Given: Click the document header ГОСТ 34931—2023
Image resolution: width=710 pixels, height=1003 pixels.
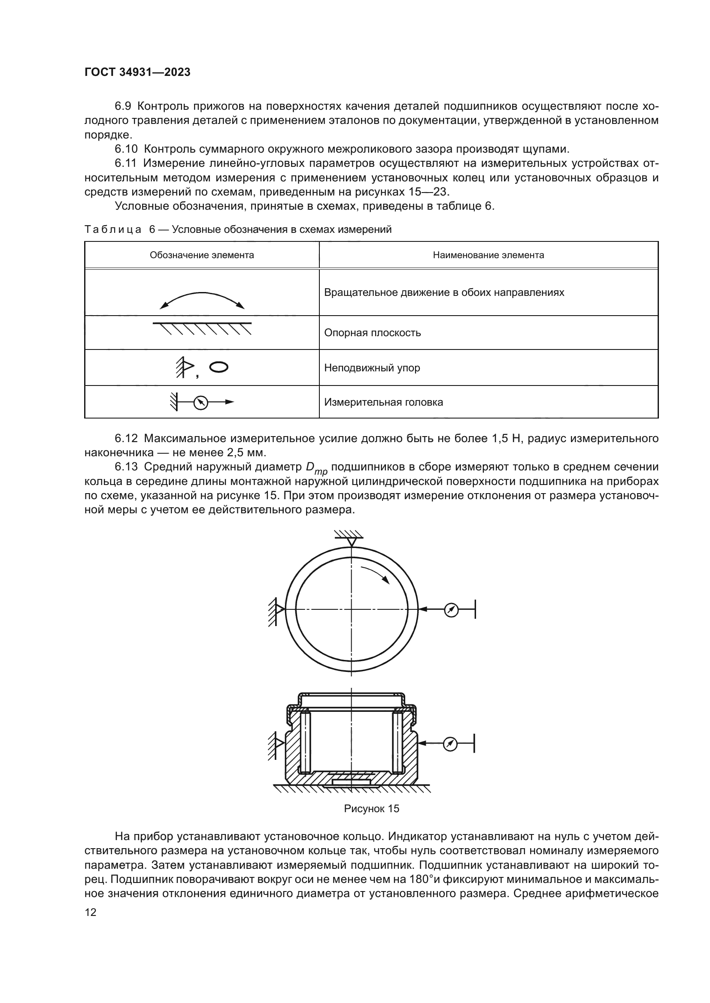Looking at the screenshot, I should coord(137,72).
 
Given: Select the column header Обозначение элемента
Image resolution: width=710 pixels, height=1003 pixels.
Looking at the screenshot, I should coord(202,255).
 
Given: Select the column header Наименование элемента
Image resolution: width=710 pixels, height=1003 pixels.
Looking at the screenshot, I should coord(489,255).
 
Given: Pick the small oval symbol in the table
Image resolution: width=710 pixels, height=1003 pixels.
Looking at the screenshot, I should coord(218,367).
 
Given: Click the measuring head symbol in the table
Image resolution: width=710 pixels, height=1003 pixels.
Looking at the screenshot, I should coord(200,402).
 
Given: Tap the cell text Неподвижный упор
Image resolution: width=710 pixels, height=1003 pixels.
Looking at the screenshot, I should coord(372,368).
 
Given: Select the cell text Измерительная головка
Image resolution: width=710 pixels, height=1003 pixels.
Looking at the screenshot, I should coord(383,402).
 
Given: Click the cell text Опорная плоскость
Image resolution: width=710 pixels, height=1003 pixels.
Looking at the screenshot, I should coord(372,333).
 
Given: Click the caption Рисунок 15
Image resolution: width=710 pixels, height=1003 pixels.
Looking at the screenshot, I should coord(372,809).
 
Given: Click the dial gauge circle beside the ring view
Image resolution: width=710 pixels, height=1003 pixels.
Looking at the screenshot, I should coord(451,610).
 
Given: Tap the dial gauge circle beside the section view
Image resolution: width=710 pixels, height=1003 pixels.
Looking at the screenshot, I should coord(450,744).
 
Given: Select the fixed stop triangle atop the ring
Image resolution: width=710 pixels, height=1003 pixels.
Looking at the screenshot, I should coord(352,541).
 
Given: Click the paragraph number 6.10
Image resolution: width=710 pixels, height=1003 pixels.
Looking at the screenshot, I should coord(127,149).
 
